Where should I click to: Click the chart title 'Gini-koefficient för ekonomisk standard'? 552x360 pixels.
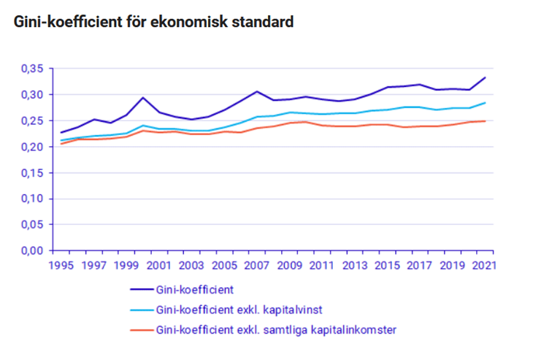tap(153, 23)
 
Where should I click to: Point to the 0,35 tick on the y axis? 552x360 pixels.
tap(34, 69)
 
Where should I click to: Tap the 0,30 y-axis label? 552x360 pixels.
tap(34, 95)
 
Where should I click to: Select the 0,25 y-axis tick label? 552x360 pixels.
tap(34, 120)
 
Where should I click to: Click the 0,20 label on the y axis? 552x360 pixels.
tap(34, 147)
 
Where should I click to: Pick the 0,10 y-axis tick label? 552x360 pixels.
tap(34, 199)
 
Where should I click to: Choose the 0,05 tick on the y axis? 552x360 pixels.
tap(34, 225)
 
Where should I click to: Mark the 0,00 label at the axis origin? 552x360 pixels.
tap(34, 250)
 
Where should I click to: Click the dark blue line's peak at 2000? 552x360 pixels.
tap(143, 98)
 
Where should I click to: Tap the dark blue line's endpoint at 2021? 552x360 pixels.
tap(485, 77)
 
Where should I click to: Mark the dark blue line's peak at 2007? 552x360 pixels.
tap(257, 91)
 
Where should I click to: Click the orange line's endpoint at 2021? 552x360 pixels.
tap(485, 121)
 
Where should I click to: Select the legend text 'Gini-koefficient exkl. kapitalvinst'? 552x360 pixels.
tap(241, 310)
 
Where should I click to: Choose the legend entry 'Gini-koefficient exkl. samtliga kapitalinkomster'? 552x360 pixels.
tap(276, 329)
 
